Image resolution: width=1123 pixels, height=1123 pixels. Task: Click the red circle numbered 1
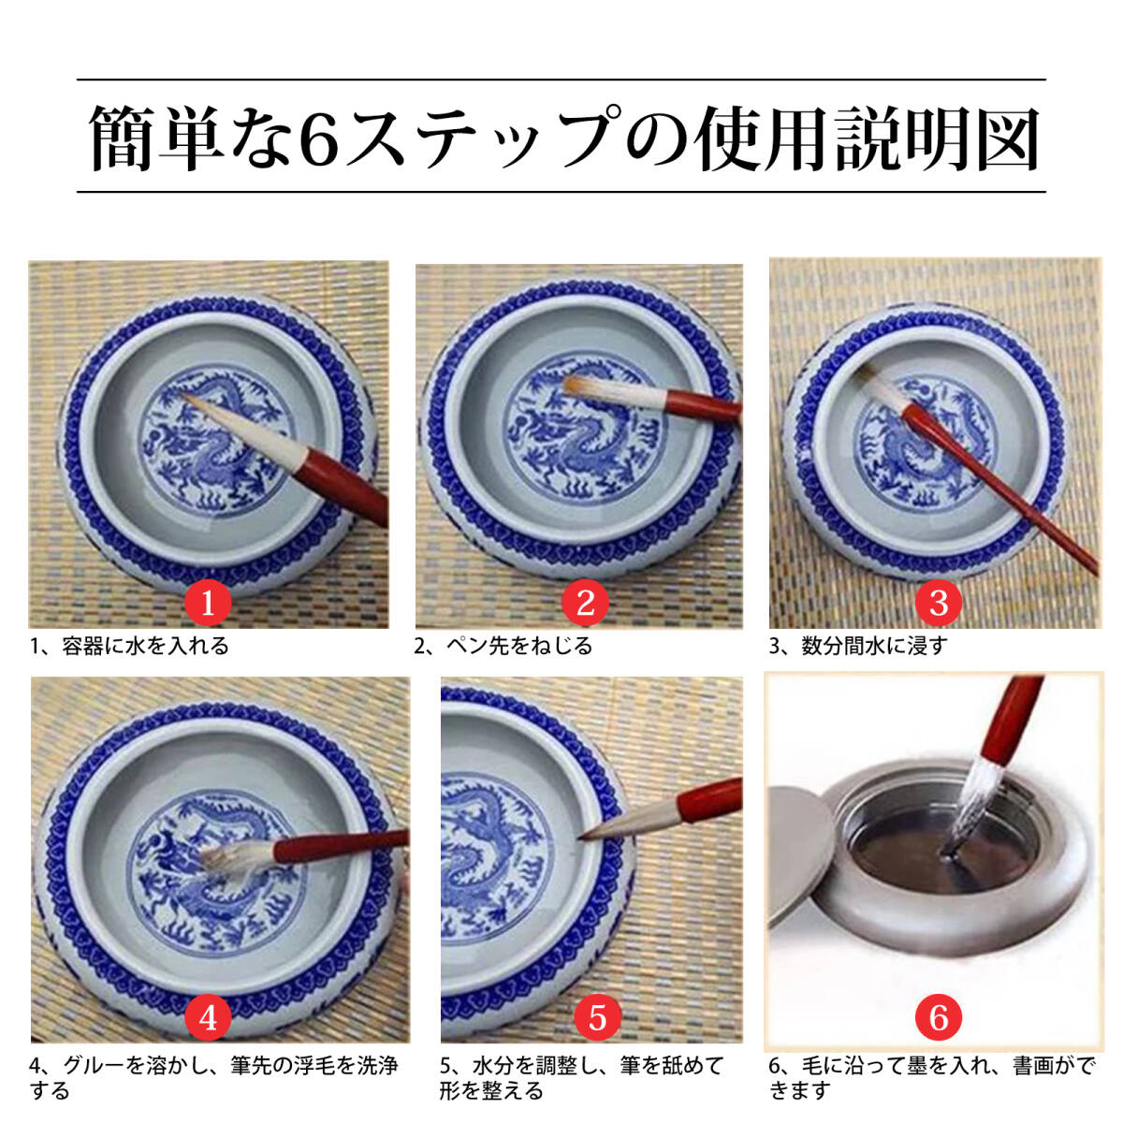coord(208,602)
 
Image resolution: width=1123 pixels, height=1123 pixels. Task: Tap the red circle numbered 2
coord(586,602)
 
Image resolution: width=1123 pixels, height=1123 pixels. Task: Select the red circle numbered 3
coord(939,602)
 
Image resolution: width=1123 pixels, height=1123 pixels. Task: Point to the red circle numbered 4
coord(208,1017)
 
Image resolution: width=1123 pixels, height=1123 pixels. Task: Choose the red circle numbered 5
coord(598,1017)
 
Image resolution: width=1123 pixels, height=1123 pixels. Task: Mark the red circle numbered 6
coord(939,1017)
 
